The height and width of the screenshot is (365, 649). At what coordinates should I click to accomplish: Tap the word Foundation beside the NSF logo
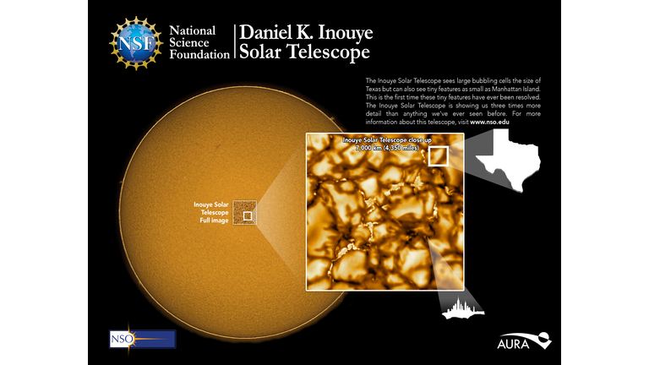point(199,55)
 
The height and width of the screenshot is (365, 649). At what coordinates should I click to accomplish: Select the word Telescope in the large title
point(327,52)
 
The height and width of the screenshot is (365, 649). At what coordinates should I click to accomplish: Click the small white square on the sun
point(248,215)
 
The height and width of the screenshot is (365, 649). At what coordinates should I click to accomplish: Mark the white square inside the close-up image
point(438,156)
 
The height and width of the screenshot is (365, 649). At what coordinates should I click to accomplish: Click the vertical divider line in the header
point(234,41)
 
